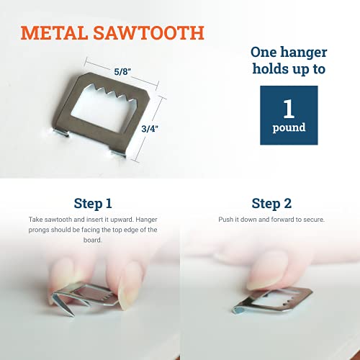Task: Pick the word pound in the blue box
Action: coord(288,127)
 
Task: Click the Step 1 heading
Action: coord(93,203)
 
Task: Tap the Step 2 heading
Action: coord(271,203)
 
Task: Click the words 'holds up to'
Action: coord(288,70)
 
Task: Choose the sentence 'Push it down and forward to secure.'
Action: coord(271,219)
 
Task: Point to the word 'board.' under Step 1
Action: coord(91,240)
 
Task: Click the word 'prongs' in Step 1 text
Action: coord(36,230)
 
